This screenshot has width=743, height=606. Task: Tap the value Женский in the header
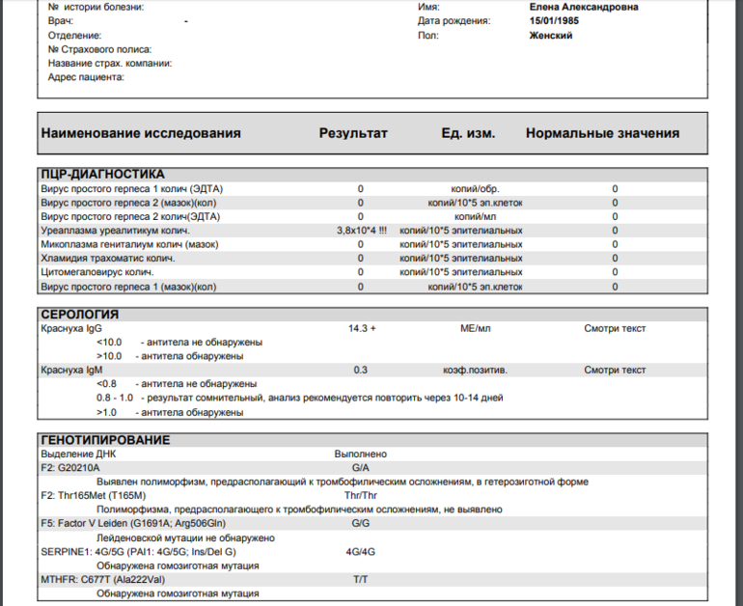tap(551, 36)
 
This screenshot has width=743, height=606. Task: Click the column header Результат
tap(353, 133)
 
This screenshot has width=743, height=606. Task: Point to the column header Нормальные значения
tap(602, 133)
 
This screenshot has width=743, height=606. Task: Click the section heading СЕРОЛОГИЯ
tap(80, 315)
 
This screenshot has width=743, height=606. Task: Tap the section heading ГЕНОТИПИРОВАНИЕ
tap(105, 440)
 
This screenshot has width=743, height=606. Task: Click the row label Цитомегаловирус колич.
tap(97, 273)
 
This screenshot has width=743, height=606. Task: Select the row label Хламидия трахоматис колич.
tap(106, 259)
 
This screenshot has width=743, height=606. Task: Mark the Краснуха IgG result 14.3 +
tap(362, 329)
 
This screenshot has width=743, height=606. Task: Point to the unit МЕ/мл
tap(476, 329)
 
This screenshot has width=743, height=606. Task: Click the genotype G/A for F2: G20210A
tap(361, 468)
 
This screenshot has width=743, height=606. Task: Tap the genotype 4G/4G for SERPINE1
tap(360, 552)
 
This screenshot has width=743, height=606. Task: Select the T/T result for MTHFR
tap(360, 580)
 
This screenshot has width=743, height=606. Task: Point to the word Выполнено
tap(361, 454)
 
